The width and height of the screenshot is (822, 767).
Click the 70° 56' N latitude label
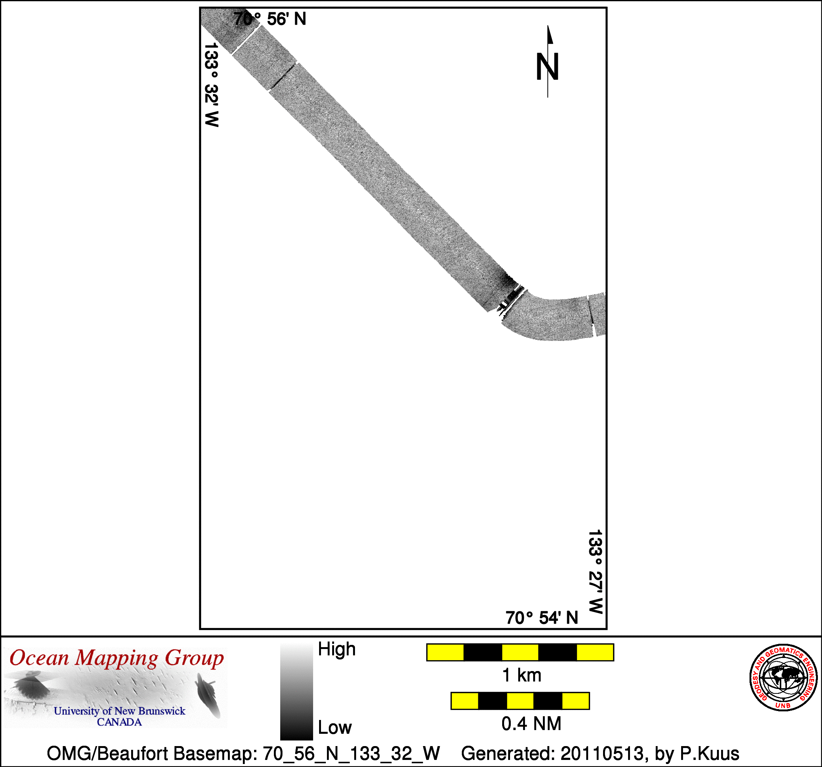pos(270,19)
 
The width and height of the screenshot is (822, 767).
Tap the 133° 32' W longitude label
pos(211,85)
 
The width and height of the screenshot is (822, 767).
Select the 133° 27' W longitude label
pos(596,572)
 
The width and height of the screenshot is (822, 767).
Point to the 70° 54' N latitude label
pos(542,618)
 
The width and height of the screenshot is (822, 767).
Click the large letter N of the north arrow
pos(547,66)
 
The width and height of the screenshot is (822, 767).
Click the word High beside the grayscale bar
pos(337,649)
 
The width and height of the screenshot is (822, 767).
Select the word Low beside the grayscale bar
pos(335,727)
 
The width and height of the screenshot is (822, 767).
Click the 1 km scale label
pos(521,675)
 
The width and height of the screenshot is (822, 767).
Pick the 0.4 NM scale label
pos(531,724)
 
